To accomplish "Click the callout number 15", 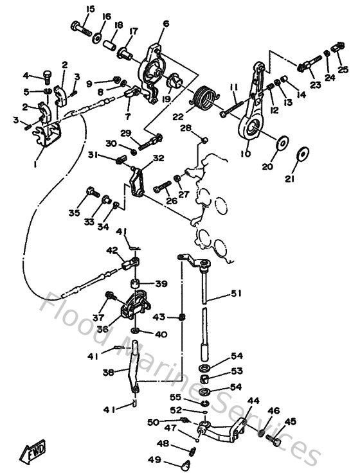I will (x=90, y=8).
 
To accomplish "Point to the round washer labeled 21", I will (x=301, y=154).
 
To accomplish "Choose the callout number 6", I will (x=166, y=24).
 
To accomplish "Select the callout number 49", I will (x=154, y=459).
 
